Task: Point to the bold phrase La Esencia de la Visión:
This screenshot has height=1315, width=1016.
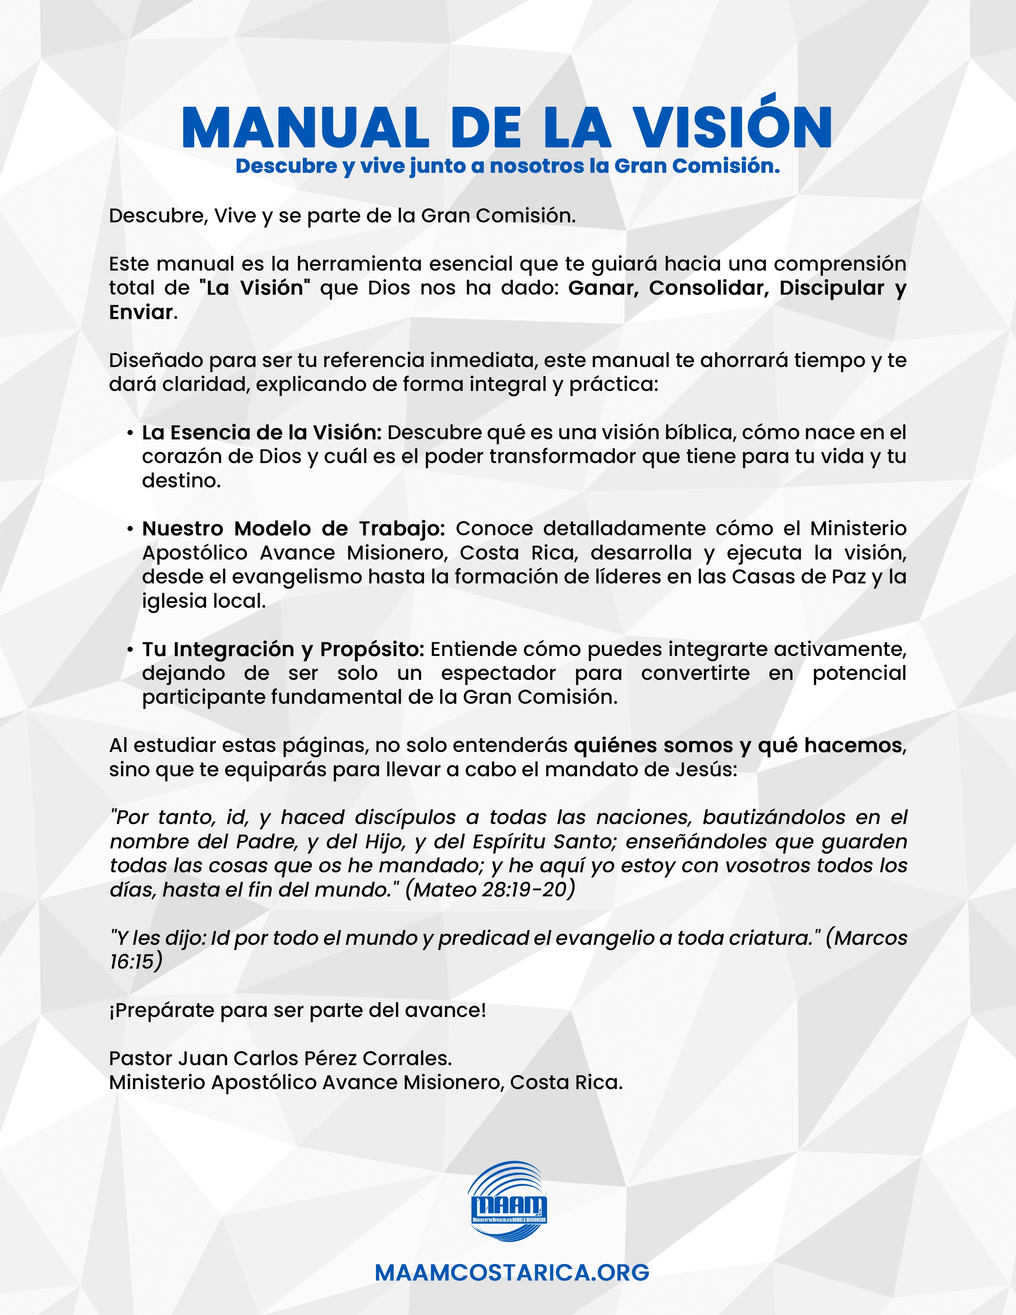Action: click(x=262, y=432)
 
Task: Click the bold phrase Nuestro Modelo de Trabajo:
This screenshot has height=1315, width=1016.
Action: click(x=293, y=529)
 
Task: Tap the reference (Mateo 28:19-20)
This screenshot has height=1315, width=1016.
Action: click(x=490, y=889)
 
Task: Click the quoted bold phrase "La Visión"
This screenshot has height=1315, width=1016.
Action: click(x=255, y=288)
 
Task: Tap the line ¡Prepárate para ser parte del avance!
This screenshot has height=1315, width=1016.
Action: click(x=297, y=1010)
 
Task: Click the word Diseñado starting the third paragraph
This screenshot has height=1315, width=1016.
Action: click(x=156, y=360)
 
